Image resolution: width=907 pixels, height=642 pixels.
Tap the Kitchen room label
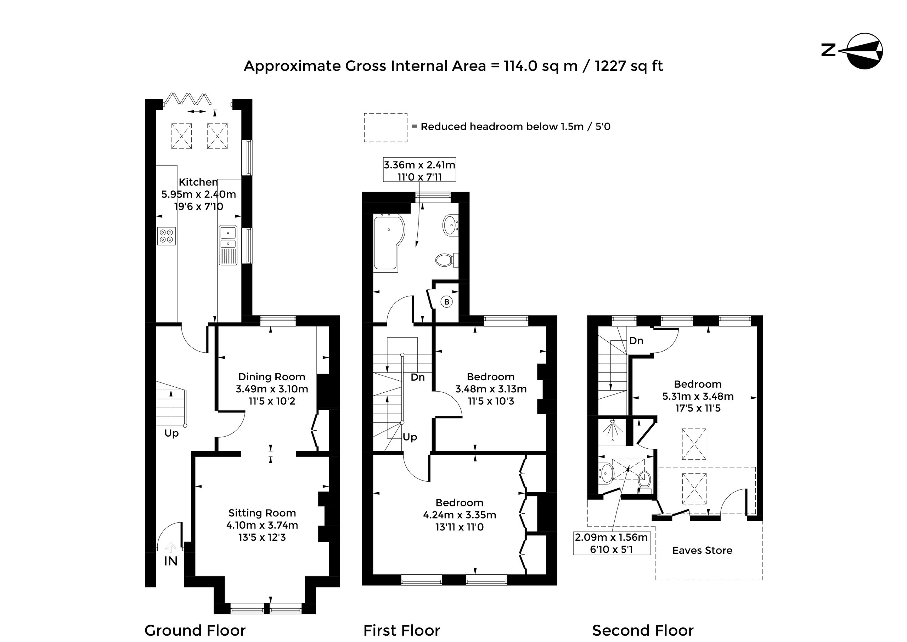[x=198, y=182]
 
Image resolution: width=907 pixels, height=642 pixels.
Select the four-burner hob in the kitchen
[x=167, y=235]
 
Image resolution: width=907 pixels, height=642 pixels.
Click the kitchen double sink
[x=228, y=245]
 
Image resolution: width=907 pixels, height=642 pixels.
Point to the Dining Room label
[x=271, y=377]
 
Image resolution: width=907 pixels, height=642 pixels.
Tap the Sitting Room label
[x=262, y=513]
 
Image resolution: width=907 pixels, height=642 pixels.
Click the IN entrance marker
[x=171, y=561]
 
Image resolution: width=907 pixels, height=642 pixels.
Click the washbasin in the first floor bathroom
[x=450, y=225]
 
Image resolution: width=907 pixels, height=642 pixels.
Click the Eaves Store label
[x=702, y=550]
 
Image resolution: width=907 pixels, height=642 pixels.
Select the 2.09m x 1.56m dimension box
[x=612, y=543]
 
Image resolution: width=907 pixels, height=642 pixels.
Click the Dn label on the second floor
[x=636, y=341]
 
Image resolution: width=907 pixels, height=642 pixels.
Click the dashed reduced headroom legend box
[x=386, y=128]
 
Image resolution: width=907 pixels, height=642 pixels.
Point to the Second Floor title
[x=643, y=631]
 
